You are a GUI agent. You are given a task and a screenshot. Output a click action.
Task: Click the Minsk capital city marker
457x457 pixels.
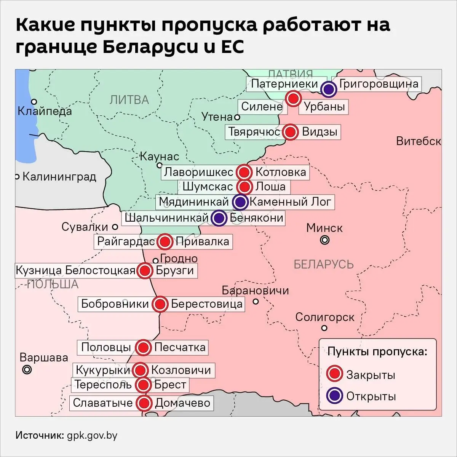tap(324, 240)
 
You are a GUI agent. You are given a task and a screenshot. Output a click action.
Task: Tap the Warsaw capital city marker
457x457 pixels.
tap(27, 369)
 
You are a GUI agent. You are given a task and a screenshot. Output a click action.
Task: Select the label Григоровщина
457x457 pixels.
tap(379, 84)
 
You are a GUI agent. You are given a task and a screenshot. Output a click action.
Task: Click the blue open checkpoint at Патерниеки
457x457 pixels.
tap(328, 89)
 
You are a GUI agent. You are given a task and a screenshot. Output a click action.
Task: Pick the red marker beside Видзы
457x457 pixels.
tap(291, 132)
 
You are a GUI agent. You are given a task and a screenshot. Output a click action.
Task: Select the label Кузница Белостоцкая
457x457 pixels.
tap(75, 270)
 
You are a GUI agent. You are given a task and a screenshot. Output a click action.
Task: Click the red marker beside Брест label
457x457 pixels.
tap(143, 385)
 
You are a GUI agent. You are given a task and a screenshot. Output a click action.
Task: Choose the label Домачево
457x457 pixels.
tap(183, 403)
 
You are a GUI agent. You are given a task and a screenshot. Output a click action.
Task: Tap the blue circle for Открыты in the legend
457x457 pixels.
tap(335, 396)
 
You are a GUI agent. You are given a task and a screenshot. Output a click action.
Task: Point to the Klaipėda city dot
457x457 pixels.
tap(34, 102)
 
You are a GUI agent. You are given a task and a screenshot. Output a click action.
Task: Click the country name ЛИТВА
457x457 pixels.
tap(129, 100)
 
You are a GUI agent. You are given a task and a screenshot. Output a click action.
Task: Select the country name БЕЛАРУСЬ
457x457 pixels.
tap(324, 264)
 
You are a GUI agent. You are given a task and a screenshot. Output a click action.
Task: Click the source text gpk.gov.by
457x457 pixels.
tap(92, 436)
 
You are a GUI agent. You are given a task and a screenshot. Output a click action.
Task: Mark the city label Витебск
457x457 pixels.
tap(418, 141)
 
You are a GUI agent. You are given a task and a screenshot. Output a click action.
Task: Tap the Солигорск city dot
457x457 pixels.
tap(324, 328)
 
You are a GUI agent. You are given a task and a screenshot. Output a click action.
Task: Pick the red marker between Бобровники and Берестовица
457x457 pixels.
tap(160, 304)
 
